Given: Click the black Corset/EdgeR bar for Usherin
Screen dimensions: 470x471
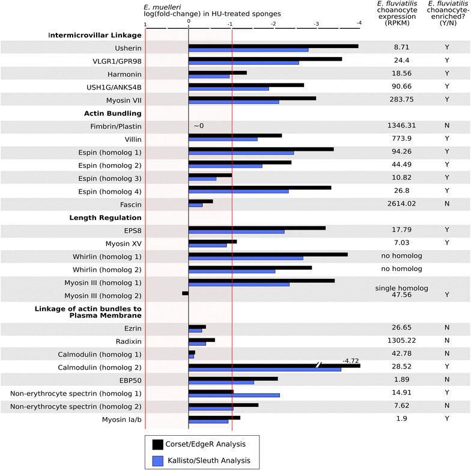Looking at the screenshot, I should coord(273,46).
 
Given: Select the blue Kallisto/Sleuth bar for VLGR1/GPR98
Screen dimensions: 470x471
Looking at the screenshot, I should coord(243,63).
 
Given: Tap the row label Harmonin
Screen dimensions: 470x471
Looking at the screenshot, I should coord(123,73).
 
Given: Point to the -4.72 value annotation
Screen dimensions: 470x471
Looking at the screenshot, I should coord(350,360).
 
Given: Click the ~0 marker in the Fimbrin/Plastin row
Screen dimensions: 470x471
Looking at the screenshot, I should coord(199,126).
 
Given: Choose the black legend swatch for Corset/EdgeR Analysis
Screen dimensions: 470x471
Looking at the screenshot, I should coord(159,444).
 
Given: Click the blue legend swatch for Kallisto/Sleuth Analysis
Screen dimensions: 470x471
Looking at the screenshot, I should coord(159,461).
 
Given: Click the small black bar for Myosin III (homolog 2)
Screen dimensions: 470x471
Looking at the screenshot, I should coord(185,293).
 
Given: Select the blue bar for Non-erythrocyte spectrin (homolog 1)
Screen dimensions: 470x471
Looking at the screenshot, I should coord(234,395).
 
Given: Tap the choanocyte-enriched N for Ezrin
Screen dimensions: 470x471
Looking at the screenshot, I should coord(447,328).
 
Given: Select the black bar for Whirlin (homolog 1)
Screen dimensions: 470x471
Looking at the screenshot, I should coord(268,254).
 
